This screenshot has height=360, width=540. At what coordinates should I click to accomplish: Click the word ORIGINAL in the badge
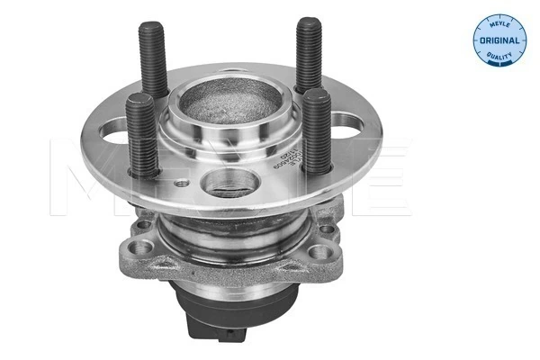[499, 40]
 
